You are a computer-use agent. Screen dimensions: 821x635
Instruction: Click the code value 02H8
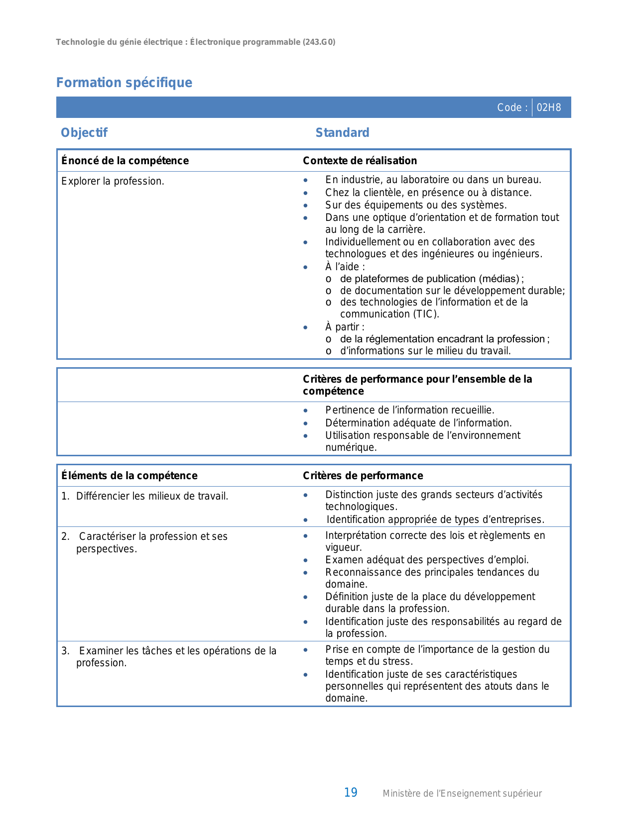[x=548, y=107]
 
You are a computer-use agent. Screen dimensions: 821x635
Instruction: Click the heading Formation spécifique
[x=124, y=83]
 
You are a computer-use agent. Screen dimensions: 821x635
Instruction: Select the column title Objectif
[x=84, y=133]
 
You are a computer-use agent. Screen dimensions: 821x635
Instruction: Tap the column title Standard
[x=342, y=133]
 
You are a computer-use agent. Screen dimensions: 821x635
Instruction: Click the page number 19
[x=351, y=793]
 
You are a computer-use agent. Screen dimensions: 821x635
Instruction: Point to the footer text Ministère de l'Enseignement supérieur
[x=462, y=794]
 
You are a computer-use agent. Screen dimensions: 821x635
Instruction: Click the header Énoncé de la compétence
[x=125, y=161]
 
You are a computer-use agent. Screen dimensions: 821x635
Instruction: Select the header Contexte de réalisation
[x=360, y=161]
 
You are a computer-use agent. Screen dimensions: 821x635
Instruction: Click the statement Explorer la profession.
[x=113, y=181]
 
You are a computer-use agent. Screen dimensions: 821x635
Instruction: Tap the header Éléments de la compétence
[x=129, y=476]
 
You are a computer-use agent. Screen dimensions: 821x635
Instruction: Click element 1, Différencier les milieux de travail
[x=152, y=496]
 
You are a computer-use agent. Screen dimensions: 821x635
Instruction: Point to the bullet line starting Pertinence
[x=409, y=410]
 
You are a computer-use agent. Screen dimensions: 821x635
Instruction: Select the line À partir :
[x=345, y=327]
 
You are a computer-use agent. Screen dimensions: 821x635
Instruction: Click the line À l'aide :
[x=345, y=267]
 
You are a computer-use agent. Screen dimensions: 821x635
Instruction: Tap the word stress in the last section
[x=398, y=661]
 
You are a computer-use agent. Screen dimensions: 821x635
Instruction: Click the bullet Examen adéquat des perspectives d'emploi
[x=427, y=560]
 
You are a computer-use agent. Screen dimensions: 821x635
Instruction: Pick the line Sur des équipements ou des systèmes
[x=416, y=205]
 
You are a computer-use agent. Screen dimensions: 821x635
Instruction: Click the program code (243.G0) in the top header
[x=319, y=42]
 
